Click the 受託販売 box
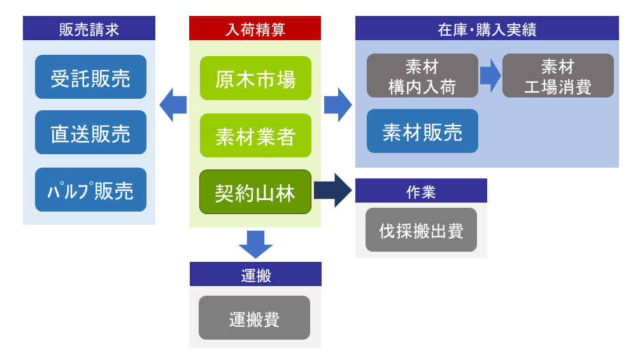[x=90, y=76]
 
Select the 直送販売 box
[x=90, y=133]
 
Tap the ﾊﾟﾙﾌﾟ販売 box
[x=90, y=189]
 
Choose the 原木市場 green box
[x=255, y=78]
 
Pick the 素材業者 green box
[x=255, y=136]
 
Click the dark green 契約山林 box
[x=255, y=192]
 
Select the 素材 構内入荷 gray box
[x=422, y=76]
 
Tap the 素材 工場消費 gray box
[x=558, y=76]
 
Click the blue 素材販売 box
[x=422, y=131]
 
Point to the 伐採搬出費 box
[x=421, y=230]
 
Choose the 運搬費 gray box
[x=254, y=317]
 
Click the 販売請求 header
[x=89, y=28]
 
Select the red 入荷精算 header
[x=255, y=28]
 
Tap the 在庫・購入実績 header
[x=487, y=28]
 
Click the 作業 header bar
[x=421, y=191]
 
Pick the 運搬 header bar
[x=255, y=274]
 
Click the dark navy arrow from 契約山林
[x=332, y=191]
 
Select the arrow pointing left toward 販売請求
[x=173, y=105]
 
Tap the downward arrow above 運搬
[x=255, y=245]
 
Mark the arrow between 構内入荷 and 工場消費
[x=490, y=76]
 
